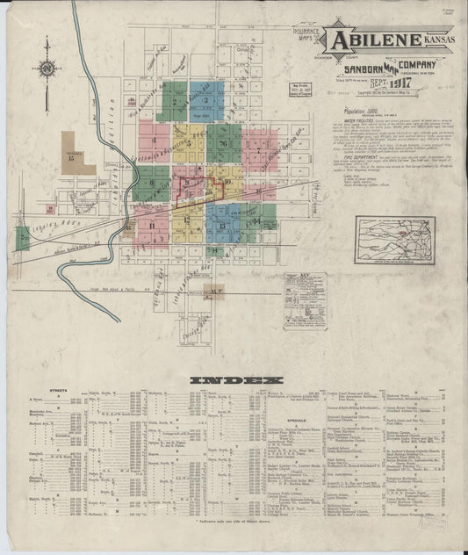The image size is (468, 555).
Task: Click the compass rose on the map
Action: point(47,67)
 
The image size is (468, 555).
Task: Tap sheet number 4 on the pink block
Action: point(155,139)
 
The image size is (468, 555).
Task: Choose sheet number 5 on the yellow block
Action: point(188,141)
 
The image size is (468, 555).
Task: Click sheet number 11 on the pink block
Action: point(154,226)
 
